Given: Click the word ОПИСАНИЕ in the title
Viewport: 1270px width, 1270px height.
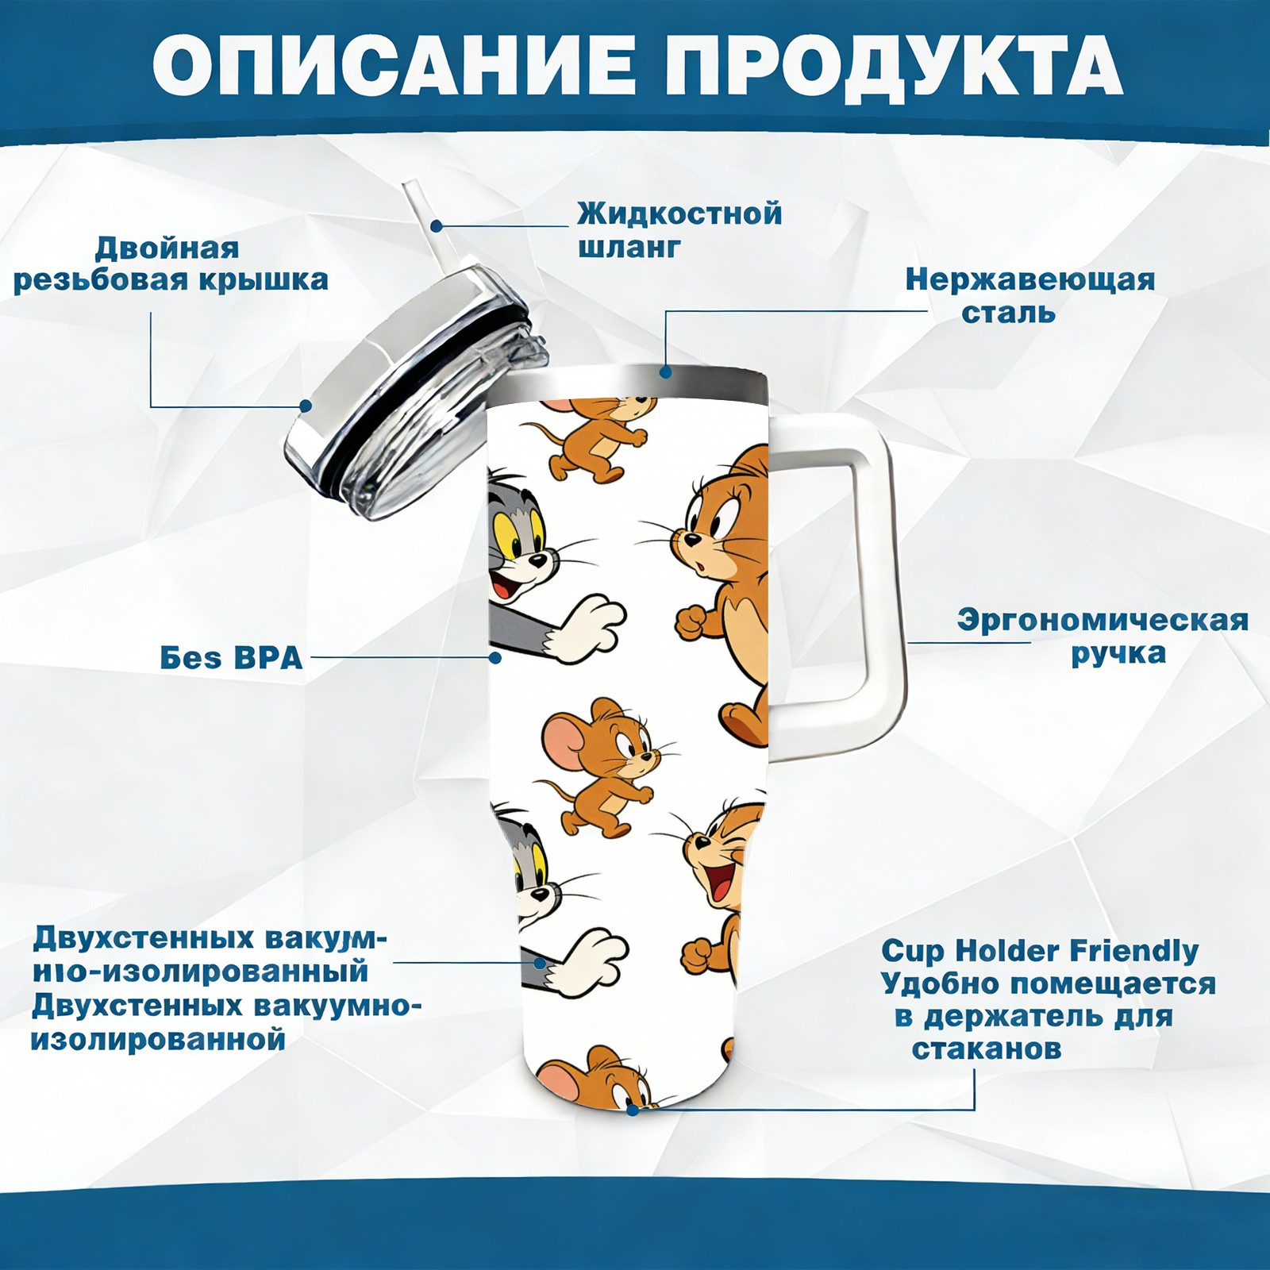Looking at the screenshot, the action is tap(394, 64).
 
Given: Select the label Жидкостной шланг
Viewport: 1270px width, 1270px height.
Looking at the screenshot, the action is tap(679, 230).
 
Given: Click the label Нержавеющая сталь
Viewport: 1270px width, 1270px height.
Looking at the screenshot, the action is tap(1029, 295).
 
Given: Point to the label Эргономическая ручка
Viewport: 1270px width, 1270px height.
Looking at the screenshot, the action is tap(1103, 637).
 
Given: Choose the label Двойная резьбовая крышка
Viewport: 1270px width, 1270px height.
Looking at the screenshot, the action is tap(171, 264).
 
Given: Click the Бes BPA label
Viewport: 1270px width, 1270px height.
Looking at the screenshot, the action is tap(231, 658).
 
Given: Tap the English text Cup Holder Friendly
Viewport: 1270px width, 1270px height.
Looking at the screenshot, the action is tap(1040, 950).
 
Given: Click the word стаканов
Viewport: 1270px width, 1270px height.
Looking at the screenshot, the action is tap(987, 1049).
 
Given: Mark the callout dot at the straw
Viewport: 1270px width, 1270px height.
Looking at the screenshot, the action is tap(436, 226).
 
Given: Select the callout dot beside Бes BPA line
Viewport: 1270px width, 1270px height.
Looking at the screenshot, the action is tap(495, 658).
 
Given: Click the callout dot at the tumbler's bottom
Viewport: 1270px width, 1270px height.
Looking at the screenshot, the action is tap(633, 1109).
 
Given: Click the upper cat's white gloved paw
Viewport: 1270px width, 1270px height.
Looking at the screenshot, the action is tap(587, 630).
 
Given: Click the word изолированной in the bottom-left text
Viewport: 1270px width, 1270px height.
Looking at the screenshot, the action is tap(157, 1039).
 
